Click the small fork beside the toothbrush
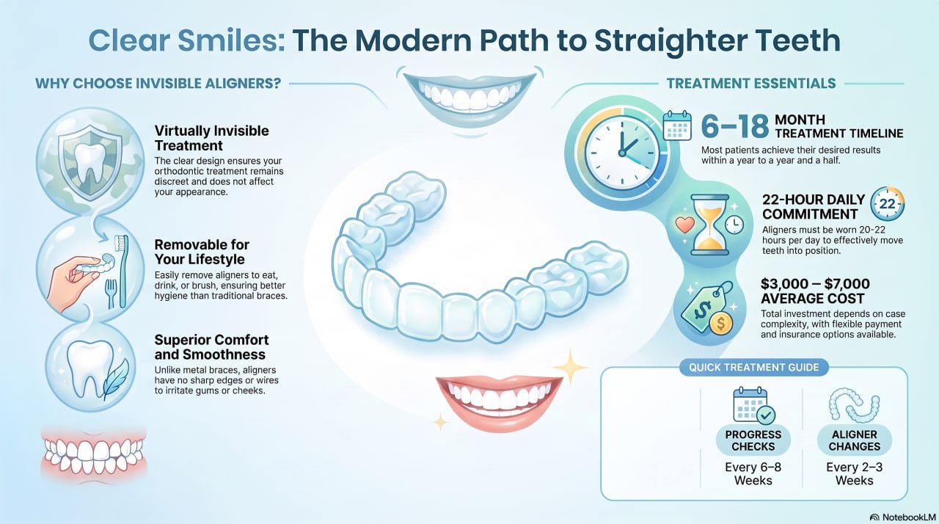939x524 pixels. [x=110, y=294]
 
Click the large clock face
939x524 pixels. [x=622, y=153]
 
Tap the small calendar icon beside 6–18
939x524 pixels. [x=677, y=125]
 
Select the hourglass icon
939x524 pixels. [x=709, y=225]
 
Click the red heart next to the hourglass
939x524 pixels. [x=684, y=225]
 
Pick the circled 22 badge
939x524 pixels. [x=887, y=204]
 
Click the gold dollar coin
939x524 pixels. [x=720, y=323]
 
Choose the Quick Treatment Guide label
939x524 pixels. [x=753, y=367]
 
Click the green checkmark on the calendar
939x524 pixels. [x=766, y=415]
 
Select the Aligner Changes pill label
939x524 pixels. [x=855, y=440]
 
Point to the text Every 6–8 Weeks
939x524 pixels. [x=753, y=473]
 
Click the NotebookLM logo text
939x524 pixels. [x=908, y=517]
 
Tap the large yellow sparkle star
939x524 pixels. [x=570, y=368]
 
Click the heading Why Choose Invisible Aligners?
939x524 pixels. [x=158, y=84]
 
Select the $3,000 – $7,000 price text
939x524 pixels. [x=815, y=284]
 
